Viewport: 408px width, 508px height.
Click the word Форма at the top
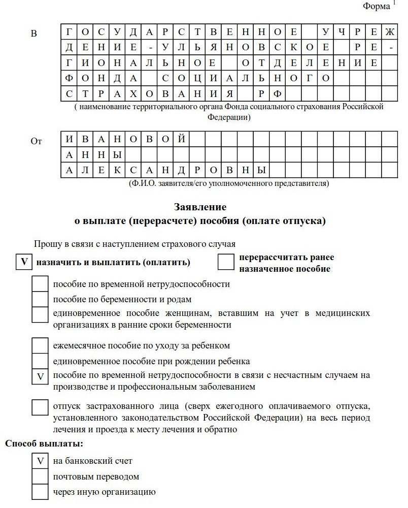tap(377, 6)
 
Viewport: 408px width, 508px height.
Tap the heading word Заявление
tap(200, 207)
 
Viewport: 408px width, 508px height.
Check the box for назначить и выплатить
tap(24, 262)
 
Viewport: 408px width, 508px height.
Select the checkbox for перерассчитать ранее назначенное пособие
tap(226, 262)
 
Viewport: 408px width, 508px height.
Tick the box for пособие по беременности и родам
tap(40, 299)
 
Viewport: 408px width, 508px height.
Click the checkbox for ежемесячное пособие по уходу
tap(40, 345)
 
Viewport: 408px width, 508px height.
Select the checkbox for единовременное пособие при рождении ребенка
tap(40, 361)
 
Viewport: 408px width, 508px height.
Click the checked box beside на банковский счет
tap(40, 461)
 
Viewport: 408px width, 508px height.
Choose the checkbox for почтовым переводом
tap(40, 477)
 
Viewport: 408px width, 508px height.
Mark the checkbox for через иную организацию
tap(40, 492)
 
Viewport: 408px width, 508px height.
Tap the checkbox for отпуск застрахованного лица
tap(40, 408)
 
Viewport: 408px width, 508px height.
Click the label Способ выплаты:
tap(44, 443)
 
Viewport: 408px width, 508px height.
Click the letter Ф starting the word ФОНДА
tap(70, 78)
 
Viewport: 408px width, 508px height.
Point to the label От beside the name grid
tap(36, 141)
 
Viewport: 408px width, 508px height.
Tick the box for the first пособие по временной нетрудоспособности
tap(40, 283)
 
